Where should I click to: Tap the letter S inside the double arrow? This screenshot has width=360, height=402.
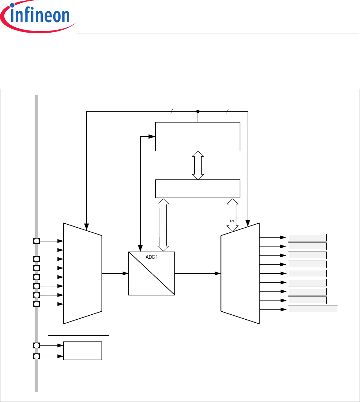232,220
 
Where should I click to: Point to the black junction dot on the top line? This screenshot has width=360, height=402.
198,111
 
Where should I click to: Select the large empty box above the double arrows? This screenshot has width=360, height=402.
198,136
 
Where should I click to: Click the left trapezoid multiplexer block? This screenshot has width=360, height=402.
83,273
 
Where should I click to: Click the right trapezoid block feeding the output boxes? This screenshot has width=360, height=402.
240,273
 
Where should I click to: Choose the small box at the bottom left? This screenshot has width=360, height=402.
83,351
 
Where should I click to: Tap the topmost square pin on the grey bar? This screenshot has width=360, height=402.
36,241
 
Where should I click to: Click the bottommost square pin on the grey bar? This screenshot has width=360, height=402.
36,357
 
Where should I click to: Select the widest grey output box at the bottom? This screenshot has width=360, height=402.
313,309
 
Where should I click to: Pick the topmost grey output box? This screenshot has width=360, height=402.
307,238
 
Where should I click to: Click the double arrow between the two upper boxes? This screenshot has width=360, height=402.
198,165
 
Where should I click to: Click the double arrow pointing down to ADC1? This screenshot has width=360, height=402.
163,225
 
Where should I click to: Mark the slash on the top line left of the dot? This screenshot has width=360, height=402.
171,111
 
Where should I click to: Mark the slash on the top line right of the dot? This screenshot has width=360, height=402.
227,111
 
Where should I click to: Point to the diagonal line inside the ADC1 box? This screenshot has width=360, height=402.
152,273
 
